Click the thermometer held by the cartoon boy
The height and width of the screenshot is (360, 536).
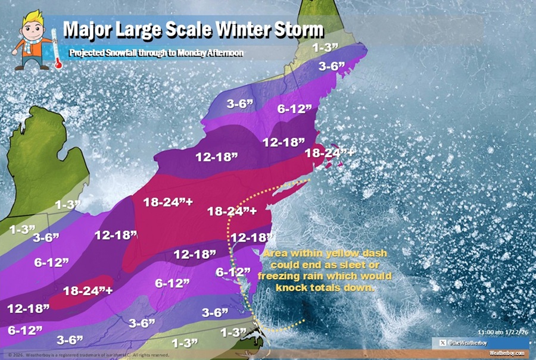[58, 52]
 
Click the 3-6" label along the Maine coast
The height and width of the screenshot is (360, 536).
[332, 67]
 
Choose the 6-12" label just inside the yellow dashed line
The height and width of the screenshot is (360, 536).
[232, 273]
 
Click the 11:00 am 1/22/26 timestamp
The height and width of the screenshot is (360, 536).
[503, 332]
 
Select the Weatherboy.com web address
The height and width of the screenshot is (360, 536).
[506, 353]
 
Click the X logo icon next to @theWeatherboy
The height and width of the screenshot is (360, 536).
[441, 342]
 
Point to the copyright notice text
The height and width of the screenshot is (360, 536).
[89, 355]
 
